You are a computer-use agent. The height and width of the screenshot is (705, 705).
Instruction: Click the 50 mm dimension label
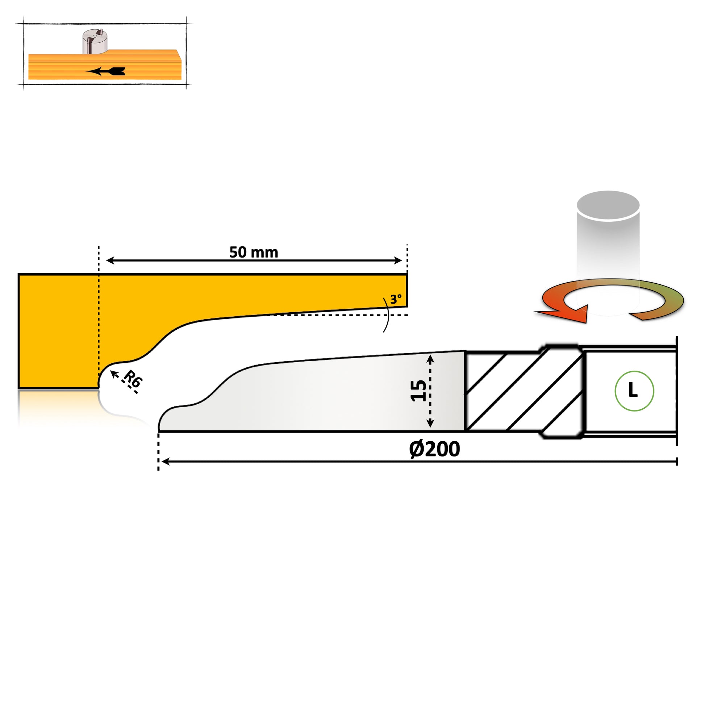(x=254, y=253)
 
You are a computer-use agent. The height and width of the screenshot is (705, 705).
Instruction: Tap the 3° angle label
(x=396, y=300)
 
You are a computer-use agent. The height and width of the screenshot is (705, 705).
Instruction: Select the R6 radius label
(x=133, y=379)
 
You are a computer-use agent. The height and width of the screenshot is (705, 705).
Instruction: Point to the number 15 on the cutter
(x=418, y=391)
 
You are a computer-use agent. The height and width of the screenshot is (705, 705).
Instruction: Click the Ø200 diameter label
(x=434, y=449)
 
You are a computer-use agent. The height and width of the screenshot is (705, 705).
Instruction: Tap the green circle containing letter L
(x=634, y=391)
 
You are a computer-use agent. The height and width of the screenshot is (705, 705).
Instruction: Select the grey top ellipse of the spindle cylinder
(x=608, y=205)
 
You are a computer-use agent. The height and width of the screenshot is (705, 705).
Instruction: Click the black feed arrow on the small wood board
(x=106, y=71)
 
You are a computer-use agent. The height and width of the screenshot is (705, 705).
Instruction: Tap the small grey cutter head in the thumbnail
(x=95, y=42)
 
